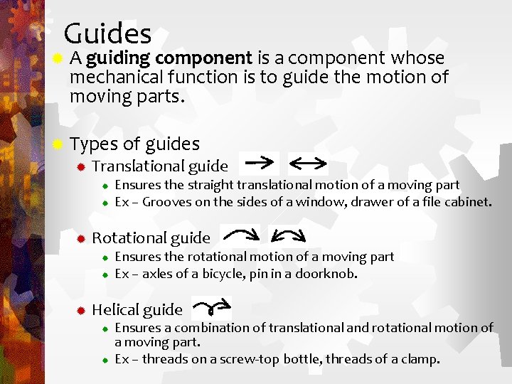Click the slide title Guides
[x=107, y=33]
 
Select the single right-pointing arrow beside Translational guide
[x=260, y=163]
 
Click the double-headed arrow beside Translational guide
[x=307, y=164]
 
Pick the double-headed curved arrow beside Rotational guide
[x=289, y=235]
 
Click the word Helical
[x=114, y=309]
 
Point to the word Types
[x=94, y=144]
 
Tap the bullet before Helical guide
[x=82, y=310]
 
